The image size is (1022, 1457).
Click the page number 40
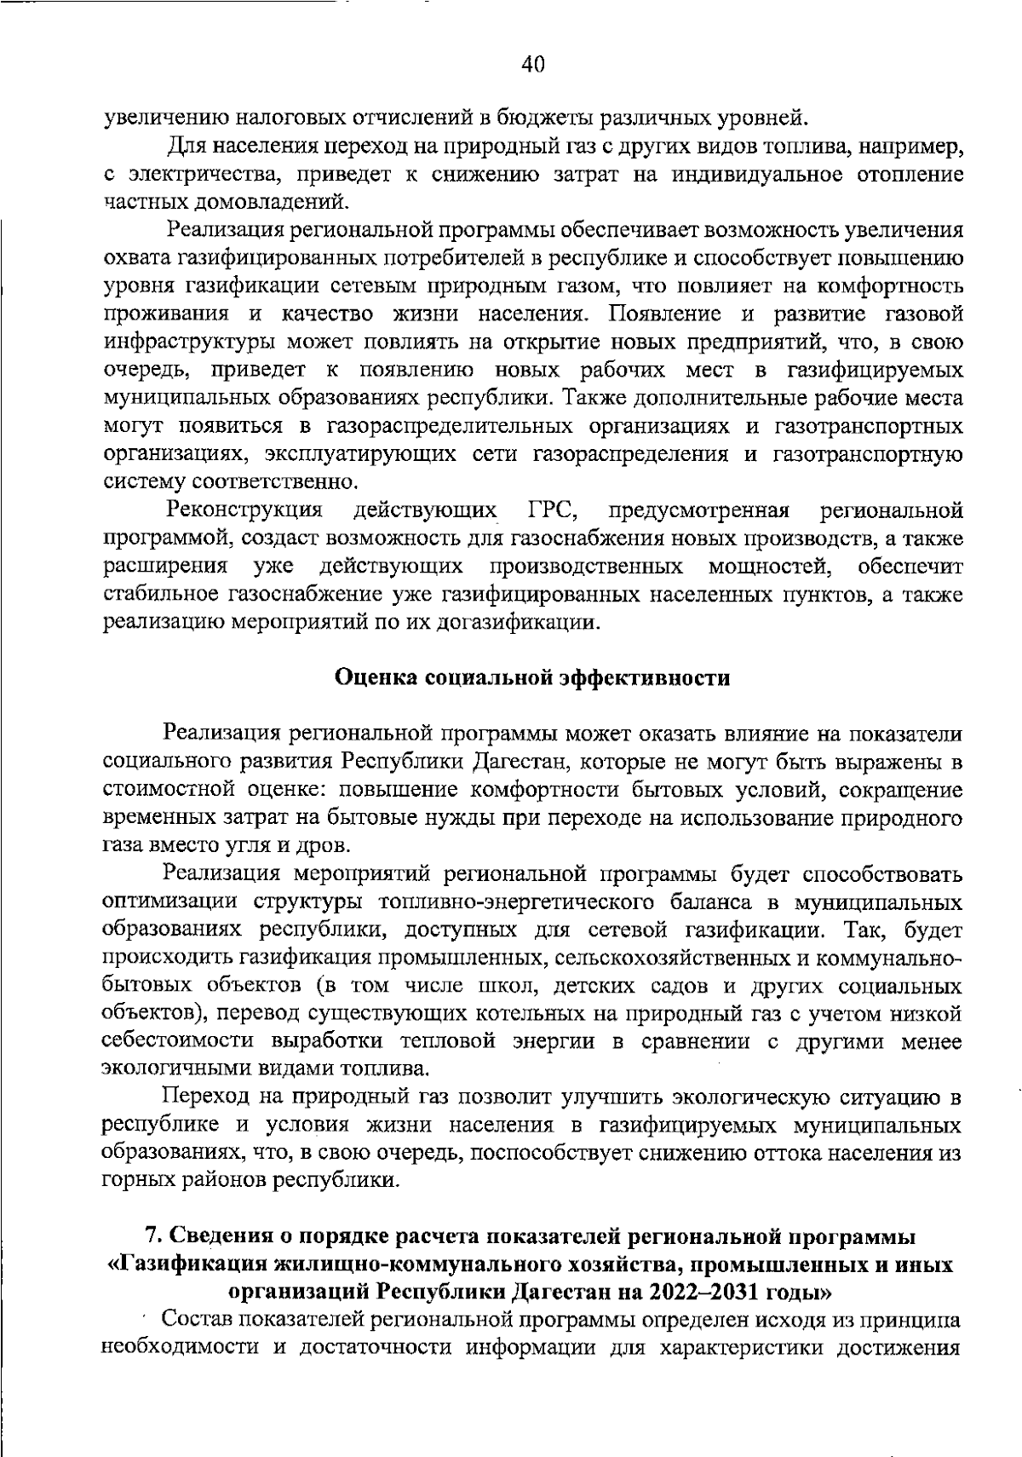click(532, 65)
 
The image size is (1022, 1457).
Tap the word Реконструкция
click(245, 511)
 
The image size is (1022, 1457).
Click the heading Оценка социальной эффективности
click(532, 678)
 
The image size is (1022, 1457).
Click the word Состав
click(197, 1321)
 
